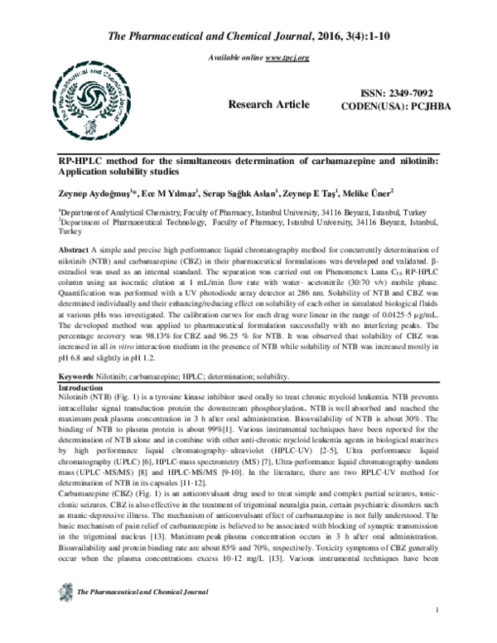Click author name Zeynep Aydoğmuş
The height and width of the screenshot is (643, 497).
coord(80,191)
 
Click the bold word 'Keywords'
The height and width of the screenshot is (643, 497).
coord(70,377)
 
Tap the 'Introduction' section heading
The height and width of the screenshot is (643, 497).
coord(77,388)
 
